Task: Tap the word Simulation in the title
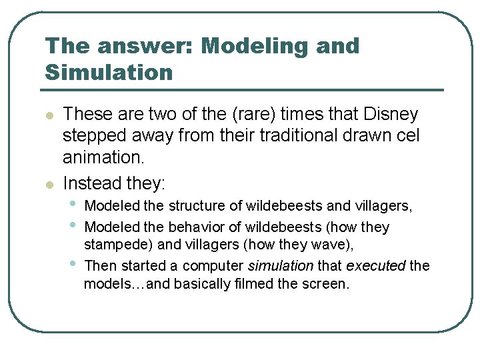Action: [109, 72]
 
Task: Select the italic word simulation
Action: [280, 265]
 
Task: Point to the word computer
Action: [213, 265]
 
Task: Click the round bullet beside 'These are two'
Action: [48, 116]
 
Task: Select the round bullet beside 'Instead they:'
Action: [48, 183]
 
